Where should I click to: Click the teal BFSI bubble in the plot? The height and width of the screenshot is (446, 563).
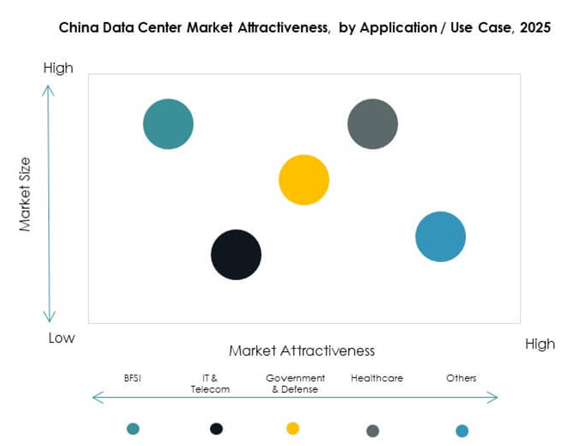coord(168,124)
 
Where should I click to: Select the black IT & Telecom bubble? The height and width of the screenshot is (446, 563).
coord(236,254)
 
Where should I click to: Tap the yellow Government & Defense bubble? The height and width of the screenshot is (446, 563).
coord(304,180)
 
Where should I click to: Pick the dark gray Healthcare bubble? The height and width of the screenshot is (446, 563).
coord(372,124)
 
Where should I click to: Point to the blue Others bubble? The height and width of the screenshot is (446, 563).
coord(440,236)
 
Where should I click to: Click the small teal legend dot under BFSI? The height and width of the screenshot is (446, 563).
coord(133,429)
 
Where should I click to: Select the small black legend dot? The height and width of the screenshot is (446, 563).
coord(216,429)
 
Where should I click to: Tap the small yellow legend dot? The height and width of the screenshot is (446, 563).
coord(293,429)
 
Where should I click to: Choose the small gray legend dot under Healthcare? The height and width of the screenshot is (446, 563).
coord(372,431)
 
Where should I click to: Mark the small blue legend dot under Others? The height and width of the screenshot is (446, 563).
coord(462,431)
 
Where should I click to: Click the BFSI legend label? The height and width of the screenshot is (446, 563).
coord(132,378)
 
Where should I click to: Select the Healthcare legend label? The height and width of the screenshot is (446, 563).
coord(377,378)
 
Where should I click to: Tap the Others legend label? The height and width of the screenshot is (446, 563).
coord(462,378)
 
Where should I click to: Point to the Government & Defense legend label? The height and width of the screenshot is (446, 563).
coord(295,384)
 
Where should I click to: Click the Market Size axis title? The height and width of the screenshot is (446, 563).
coord(25,194)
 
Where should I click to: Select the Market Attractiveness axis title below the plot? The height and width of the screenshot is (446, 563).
coord(302,351)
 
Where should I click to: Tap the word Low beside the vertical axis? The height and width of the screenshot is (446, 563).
coord(62,338)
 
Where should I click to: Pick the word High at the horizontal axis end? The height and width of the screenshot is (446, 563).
coord(539,344)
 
